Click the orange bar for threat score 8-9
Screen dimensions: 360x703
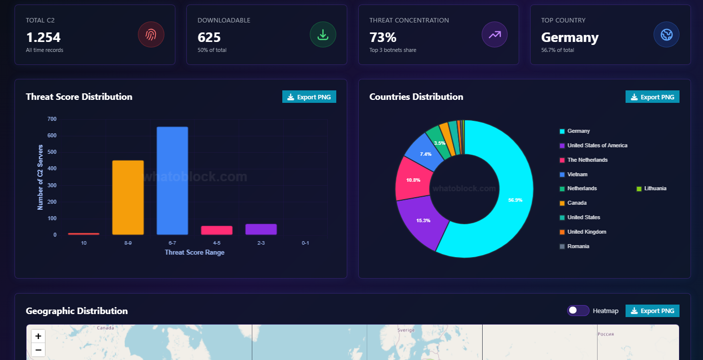coord(128,197)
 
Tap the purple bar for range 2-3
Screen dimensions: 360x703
coord(261,229)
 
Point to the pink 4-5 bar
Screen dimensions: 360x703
coord(217,230)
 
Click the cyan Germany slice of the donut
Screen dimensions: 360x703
coord(505,200)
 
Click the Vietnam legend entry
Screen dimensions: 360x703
coord(577,174)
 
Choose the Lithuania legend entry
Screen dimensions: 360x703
coord(655,189)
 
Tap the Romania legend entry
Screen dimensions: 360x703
coord(578,246)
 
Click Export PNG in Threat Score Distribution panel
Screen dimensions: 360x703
coord(309,97)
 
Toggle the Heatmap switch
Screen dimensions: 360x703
coord(578,311)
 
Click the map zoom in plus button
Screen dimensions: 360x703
coord(38,336)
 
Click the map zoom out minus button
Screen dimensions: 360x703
coord(38,350)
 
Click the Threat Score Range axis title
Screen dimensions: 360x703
coord(194,252)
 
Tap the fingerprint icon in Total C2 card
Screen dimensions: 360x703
coord(151,35)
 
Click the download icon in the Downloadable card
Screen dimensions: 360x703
coord(323,35)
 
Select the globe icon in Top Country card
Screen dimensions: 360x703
coord(667,35)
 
